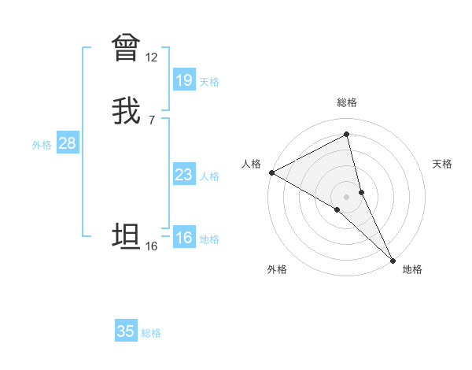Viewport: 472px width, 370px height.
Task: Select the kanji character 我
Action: [126, 111]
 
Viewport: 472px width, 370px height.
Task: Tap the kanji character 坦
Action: [126, 236]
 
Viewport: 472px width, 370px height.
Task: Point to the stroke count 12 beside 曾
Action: [151, 57]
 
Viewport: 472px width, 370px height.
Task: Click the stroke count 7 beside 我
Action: [151, 120]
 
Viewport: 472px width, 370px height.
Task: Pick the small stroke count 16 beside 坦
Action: [151, 246]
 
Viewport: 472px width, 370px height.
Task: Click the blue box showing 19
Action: [183, 80]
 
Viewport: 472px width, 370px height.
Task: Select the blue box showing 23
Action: [183, 175]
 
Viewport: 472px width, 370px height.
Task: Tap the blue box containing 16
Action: [183, 238]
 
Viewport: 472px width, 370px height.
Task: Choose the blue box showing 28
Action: [67, 143]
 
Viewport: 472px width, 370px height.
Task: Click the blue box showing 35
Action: [126, 331]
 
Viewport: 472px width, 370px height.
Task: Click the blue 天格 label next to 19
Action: [209, 82]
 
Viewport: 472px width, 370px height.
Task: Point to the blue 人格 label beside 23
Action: [209, 176]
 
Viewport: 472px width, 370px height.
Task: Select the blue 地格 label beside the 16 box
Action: [209, 239]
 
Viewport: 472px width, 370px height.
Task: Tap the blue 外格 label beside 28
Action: [42, 145]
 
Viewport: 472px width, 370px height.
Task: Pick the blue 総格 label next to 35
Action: [151, 333]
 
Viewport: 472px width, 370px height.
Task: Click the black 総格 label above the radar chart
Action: [347, 102]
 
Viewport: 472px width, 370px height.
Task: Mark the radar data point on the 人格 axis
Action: [271, 172]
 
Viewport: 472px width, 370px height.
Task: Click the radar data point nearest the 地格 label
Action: [392, 259]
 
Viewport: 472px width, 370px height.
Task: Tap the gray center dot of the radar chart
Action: [347, 196]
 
